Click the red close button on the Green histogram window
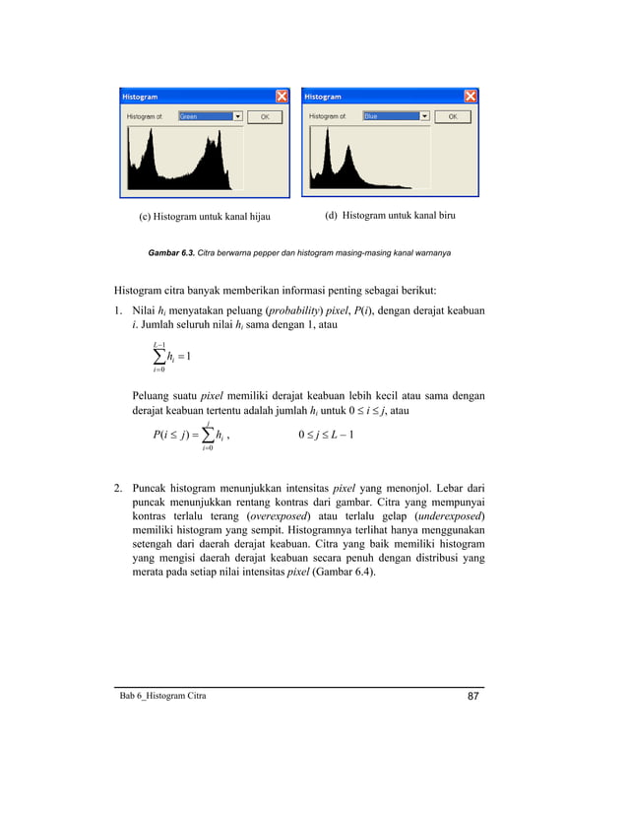tap(282, 97)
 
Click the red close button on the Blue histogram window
tap(470, 97)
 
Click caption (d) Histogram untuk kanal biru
tap(390, 215)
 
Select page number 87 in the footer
tap(474, 697)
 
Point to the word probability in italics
tap(301, 311)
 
